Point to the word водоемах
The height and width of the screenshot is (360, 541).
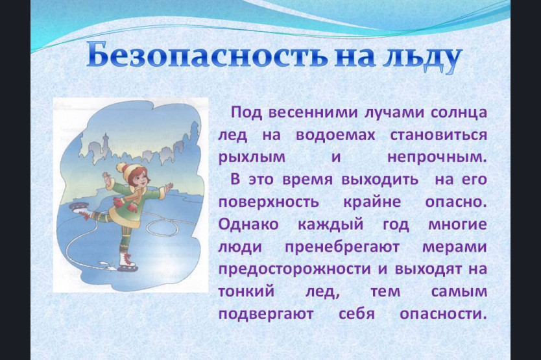point(335,134)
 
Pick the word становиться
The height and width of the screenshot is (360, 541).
point(439,135)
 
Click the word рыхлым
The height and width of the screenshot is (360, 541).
point(252,158)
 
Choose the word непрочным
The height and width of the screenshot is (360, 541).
point(437,158)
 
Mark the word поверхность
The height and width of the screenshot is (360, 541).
point(269,202)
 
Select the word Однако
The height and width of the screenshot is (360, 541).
point(248,224)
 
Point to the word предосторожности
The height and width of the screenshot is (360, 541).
point(295,270)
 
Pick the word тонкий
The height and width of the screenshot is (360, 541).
point(246,292)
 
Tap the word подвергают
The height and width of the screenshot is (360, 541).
point(266,315)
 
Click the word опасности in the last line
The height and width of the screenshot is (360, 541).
point(443,315)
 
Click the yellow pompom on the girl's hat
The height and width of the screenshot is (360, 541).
point(121,168)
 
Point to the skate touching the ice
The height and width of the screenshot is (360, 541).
point(127,261)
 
